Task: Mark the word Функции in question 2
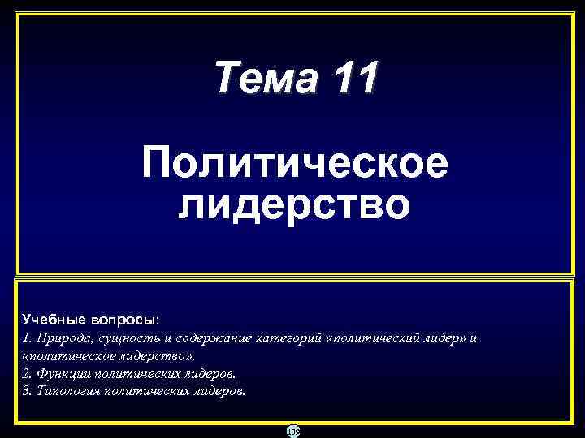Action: click(63, 373)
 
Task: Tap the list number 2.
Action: click(26, 373)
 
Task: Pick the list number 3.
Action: click(26, 390)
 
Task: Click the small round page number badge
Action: click(292, 432)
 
